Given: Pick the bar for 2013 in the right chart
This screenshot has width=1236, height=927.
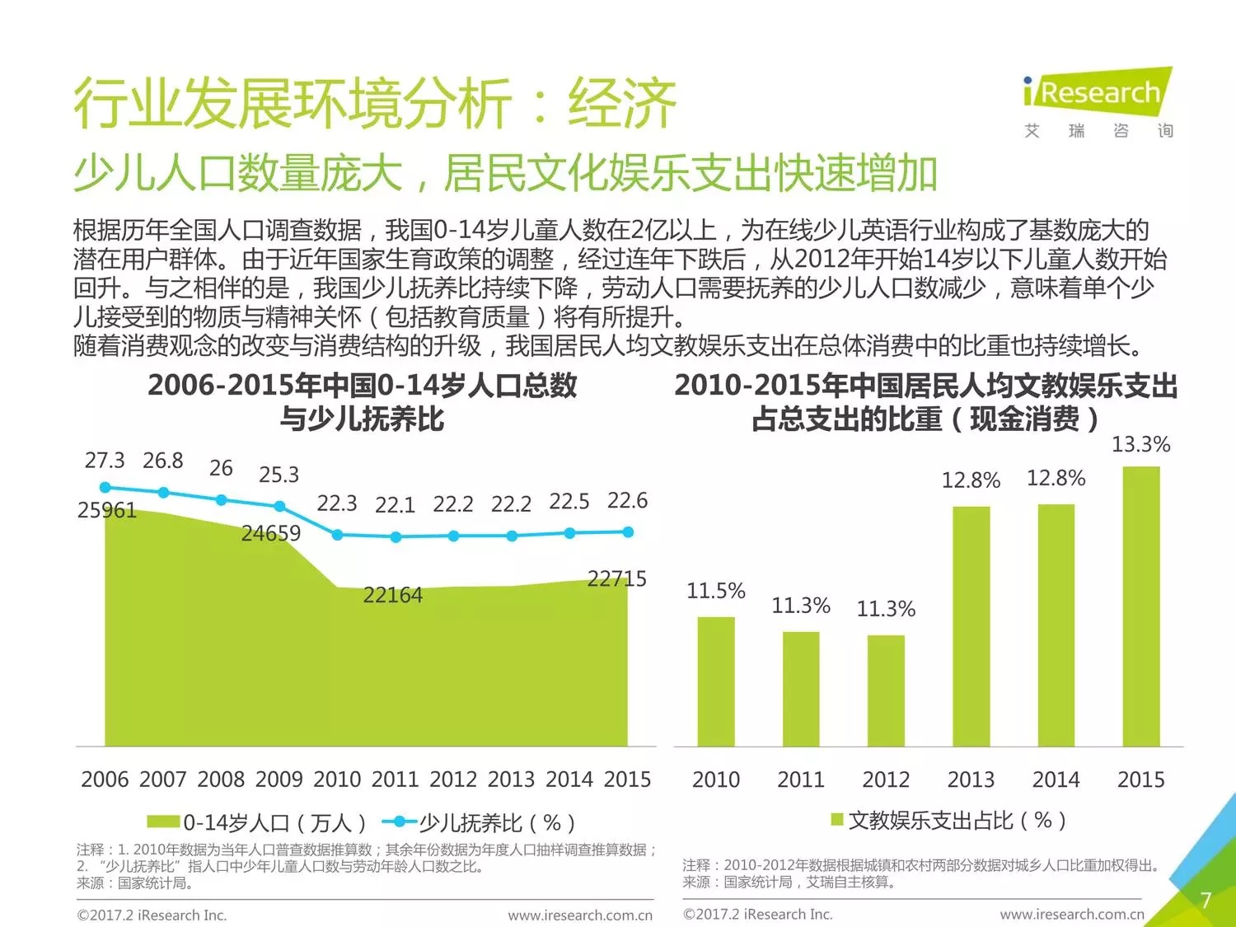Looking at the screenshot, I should (x=971, y=626).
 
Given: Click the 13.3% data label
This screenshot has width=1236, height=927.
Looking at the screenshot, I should (x=1140, y=445).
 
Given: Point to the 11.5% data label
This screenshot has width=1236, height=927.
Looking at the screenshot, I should (x=715, y=591).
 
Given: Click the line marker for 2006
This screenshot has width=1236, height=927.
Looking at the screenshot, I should (x=105, y=487).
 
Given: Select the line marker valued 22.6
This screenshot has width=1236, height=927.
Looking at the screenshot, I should (x=628, y=532).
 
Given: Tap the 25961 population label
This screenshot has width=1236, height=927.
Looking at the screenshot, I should (x=106, y=511).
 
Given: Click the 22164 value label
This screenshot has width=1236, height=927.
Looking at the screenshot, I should (x=393, y=595).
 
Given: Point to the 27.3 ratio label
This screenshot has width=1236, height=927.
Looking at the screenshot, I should (x=105, y=461).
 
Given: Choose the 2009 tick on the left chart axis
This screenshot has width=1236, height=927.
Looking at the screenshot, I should (x=279, y=780).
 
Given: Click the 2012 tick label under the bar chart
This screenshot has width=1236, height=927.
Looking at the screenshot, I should (x=886, y=780).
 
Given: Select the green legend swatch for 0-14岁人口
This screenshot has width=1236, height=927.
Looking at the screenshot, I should (x=163, y=822).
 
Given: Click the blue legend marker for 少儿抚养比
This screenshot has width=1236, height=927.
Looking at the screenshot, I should (x=400, y=822).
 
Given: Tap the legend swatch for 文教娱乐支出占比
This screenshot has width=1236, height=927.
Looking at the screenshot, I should (x=836, y=819).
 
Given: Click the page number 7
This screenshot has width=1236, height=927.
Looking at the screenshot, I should (x=1206, y=900).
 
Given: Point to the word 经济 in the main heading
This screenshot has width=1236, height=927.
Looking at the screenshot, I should (x=622, y=105).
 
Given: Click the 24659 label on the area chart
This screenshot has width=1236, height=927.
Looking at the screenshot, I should (x=271, y=534).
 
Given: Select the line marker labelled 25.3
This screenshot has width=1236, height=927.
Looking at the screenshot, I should (x=279, y=506).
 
